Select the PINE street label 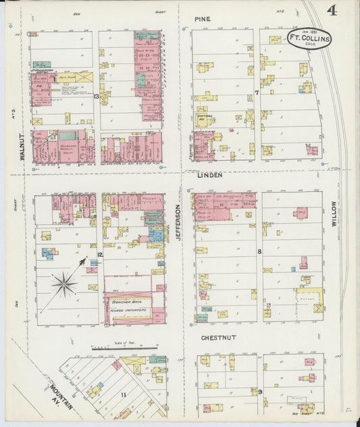(202, 20)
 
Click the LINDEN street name (210, 174)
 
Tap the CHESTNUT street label (218, 337)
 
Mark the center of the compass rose (64, 284)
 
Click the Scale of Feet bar (120, 349)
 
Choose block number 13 (97, 97)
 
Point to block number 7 (257, 93)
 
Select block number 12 (99, 255)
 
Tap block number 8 (259, 252)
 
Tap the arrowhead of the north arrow (83, 261)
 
